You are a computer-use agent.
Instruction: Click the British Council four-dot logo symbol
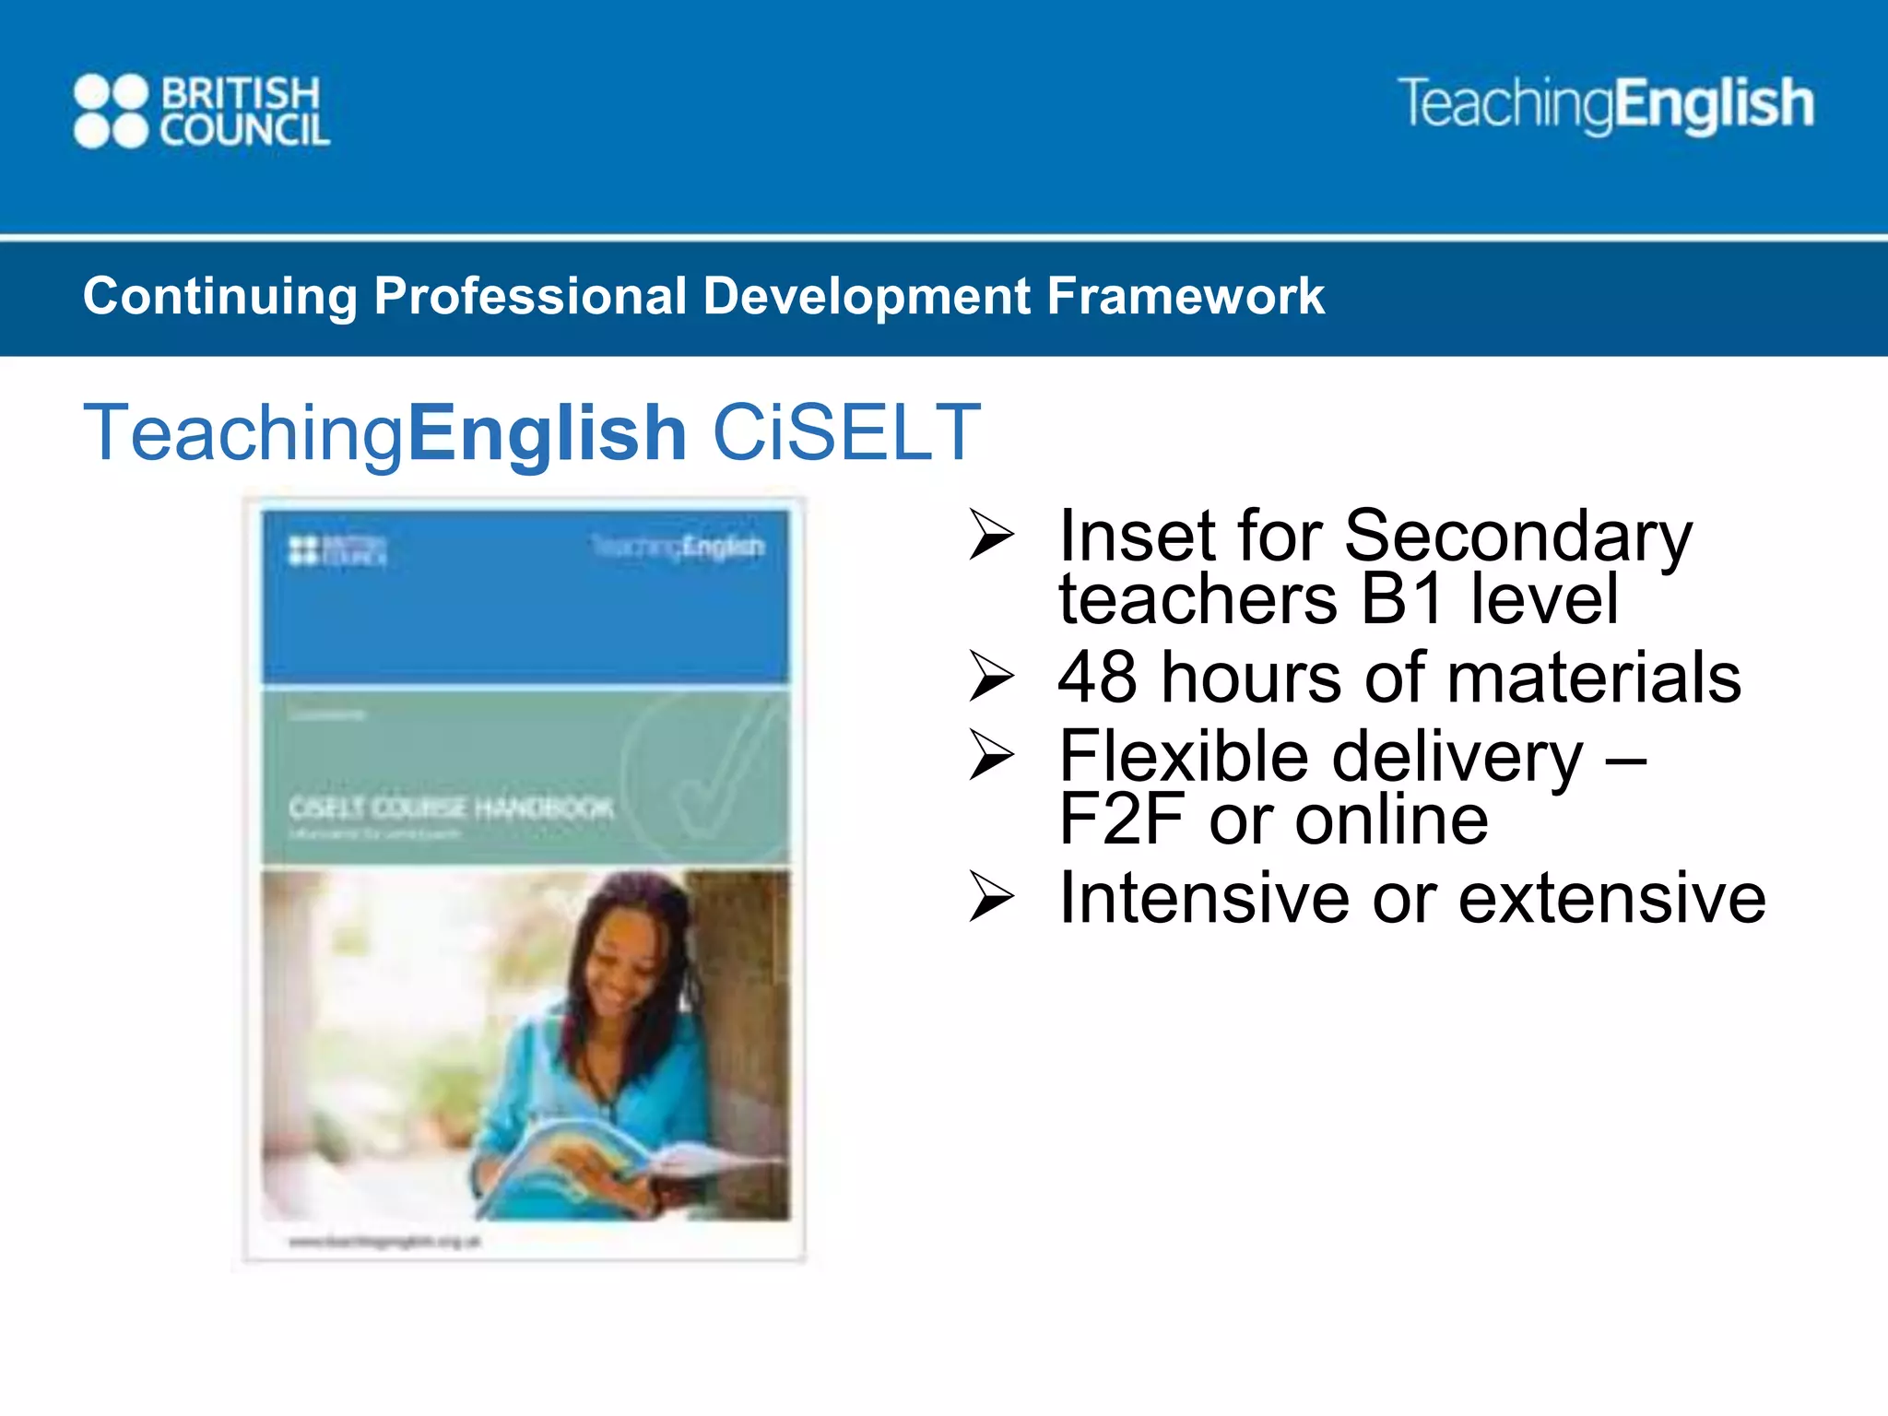(111, 112)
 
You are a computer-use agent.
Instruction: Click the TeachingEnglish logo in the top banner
(1605, 104)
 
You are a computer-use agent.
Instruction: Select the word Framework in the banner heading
(1186, 296)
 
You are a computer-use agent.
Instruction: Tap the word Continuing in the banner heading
(219, 296)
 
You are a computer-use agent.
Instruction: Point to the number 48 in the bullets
(1097, 678)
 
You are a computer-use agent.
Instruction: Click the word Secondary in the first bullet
(1517, 537)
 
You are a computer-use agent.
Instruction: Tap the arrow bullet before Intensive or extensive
(991, 898)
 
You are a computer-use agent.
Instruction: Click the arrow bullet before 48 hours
(991, 678)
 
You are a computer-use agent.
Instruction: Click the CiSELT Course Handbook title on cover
(451, 808)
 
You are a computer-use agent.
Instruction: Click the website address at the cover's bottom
(384, 1242)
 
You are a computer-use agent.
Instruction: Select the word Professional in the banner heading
(529, 296)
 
